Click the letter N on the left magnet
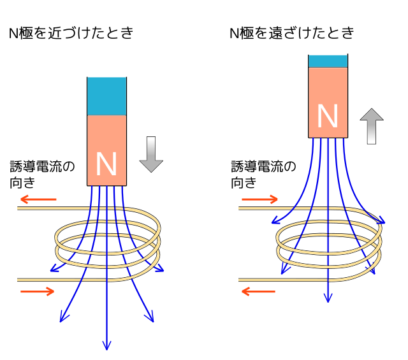point(106,165)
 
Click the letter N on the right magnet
point(327,117)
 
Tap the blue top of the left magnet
point(106,96)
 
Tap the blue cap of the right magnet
point(328,61)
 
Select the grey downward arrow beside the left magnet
point(151,154)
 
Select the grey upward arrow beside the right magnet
point(372,126)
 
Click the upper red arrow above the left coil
point(38,199)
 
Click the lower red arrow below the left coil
point(38,292)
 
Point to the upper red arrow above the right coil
point(259,199)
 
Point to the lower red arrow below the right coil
point(258,292)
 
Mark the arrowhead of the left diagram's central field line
point(106,346)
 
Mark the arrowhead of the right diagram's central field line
point(328,298)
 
